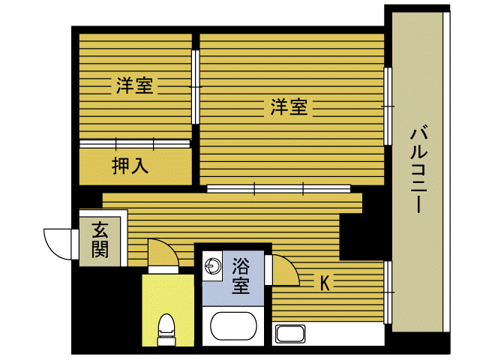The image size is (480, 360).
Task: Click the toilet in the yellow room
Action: click(x=166, y=329)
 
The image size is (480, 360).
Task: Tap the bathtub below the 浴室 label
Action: click(x=233, y=326)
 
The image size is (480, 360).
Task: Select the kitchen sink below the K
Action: click(x=290, y=334)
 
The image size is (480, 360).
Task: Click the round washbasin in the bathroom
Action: click(x=213, y=265)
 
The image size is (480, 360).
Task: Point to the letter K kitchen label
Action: click(x=325, y=283)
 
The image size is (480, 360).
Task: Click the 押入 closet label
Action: click(x=130, y=166)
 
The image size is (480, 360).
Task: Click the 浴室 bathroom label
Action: click(x=241, y=276)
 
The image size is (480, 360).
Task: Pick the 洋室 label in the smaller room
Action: click(x=134, y=85)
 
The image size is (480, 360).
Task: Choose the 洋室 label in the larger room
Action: click(x=289, y=106)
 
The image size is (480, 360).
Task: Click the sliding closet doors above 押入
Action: click(x=135, y=144)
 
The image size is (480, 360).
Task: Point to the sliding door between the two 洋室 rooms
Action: click(x=196, y=87)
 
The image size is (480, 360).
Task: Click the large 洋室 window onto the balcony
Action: click(x=388, y=106)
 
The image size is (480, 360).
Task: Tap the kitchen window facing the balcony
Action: click(x=388, y=292)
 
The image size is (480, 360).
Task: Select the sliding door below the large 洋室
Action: click(x=278, y=189)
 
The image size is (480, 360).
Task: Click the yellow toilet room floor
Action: click(x=168, y=294)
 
